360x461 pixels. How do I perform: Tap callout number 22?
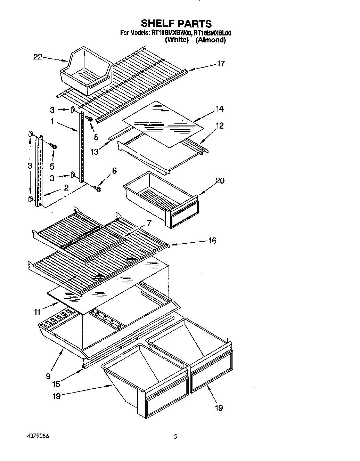[38, 57]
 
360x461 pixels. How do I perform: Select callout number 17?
[221, 64]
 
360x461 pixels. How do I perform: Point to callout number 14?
[219, 109]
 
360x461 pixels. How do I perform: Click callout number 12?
[220, 126]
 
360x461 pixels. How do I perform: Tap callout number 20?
[220, 180]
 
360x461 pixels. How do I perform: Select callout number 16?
[212, 241]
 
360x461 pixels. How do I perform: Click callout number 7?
[149, 223]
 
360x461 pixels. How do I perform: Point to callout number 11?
[38, 312]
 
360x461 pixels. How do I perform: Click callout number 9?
[48, 376]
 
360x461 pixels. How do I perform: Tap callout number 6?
[114, 171]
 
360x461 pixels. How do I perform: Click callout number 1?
[52, 122]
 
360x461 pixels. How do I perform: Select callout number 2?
[66, 188]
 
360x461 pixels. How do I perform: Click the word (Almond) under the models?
[210, 40]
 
